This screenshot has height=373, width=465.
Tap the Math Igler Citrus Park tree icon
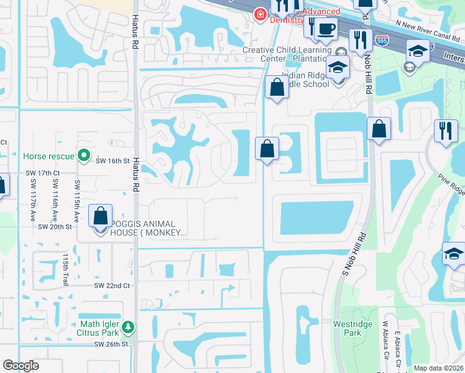tap(127, 326)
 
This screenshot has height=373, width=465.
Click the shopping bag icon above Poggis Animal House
tap(101, 216)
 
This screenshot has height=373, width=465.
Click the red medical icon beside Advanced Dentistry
tap(259, 14)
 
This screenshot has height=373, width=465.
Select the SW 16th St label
tap(112, 160)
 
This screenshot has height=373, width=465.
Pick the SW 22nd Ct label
tap(112, 285)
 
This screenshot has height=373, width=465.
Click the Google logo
tap(21, 366)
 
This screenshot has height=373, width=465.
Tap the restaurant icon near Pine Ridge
tap(445, 130)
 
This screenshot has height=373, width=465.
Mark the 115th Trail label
tap(65, 269)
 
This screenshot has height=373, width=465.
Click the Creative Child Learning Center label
tap(287, 54)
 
